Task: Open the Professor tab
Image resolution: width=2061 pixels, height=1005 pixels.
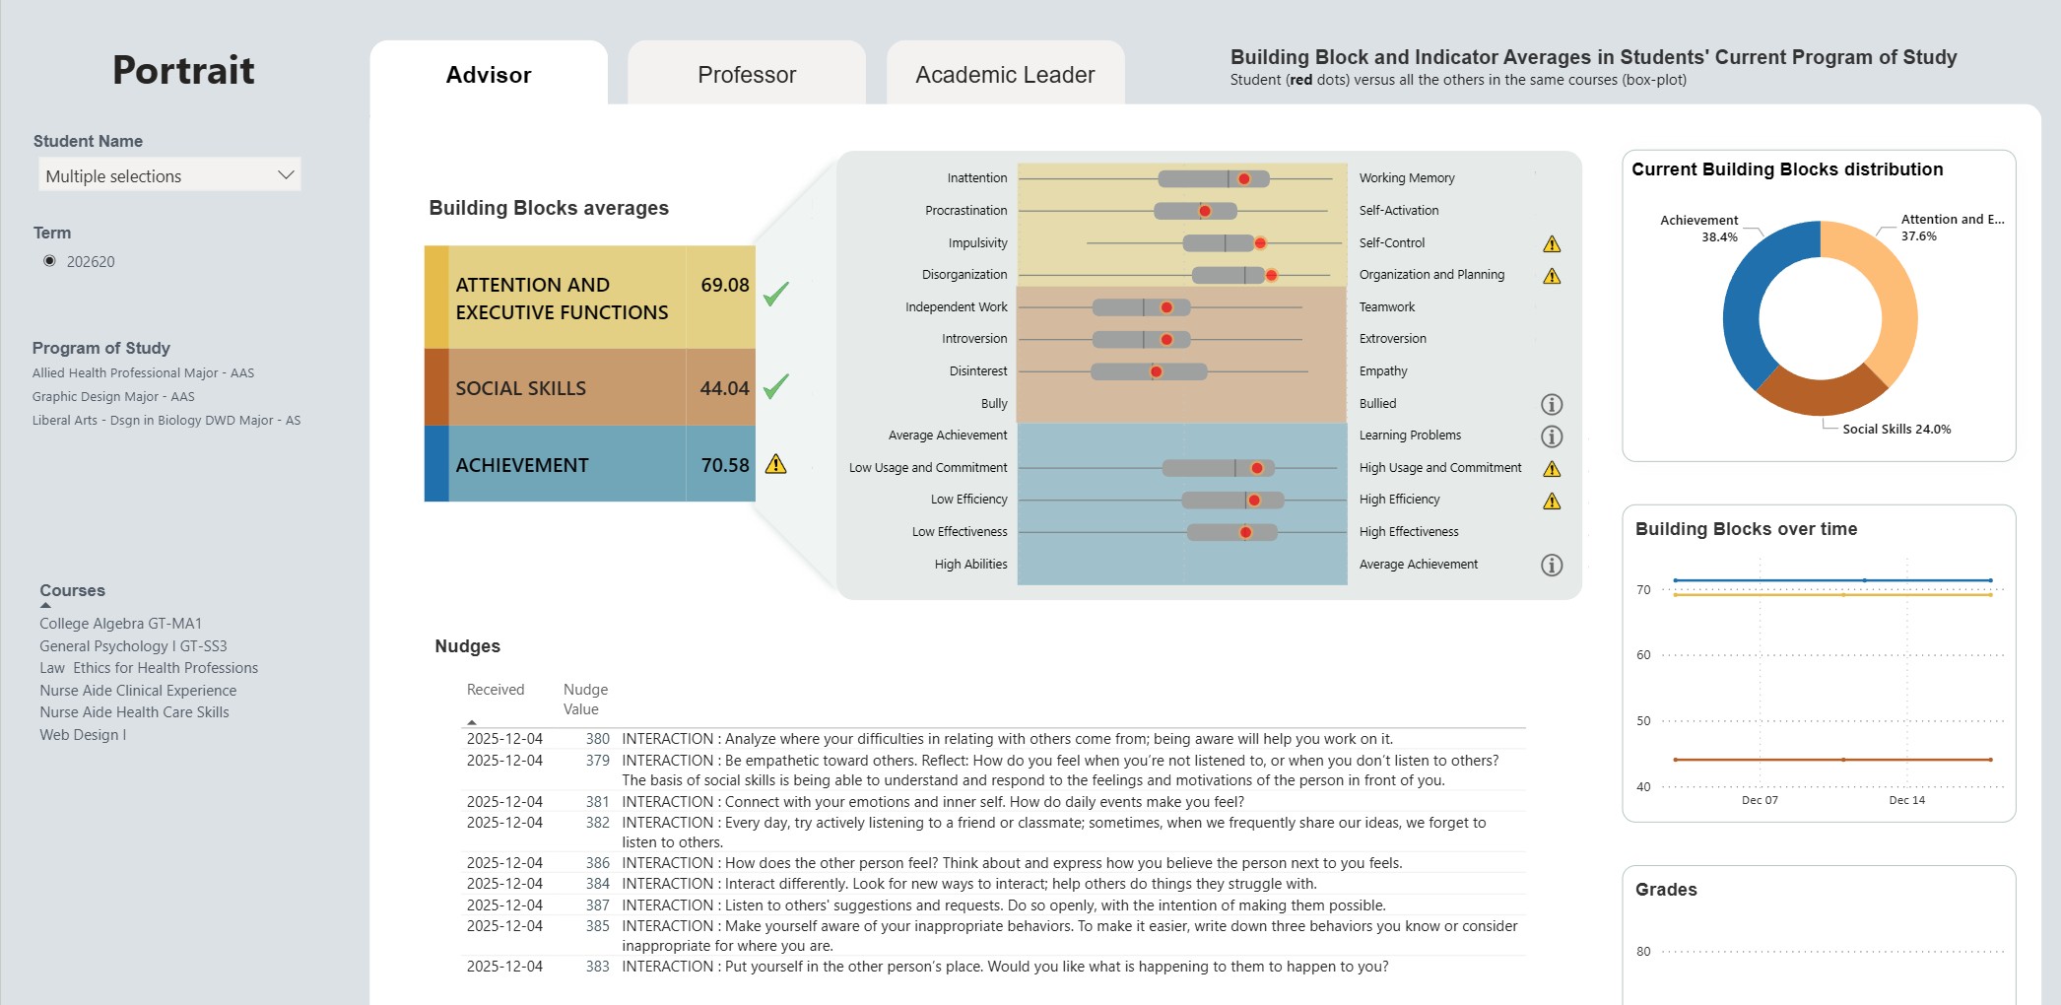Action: pos(746,75)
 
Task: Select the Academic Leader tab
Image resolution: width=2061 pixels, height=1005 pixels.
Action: pos(1004,75)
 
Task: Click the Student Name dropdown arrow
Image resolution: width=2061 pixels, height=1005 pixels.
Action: pos(286,175)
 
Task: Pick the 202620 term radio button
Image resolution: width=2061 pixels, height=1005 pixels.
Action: pos(50,261)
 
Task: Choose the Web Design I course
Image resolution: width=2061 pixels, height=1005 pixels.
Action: pos(83,735)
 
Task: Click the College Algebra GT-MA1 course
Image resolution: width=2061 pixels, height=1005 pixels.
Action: pos(120,624)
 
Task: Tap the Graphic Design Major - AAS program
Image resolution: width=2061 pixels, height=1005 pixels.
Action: pos(113,397)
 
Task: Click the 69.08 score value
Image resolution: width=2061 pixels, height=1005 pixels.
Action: pos(724,285)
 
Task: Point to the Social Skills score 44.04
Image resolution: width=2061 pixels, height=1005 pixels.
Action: pos(724,389)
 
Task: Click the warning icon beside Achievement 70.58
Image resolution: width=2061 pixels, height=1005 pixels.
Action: pos(776,464)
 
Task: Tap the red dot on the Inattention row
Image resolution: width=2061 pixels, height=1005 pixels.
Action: pos(1244,179)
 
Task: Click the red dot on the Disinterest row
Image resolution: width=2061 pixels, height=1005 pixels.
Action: pos(1157,371)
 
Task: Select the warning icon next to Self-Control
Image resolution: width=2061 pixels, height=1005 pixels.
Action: pos(1552,244)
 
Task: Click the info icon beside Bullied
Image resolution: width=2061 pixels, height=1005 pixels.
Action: pos(1552,404)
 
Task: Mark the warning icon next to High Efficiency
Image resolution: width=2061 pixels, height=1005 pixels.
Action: pos(1552,502)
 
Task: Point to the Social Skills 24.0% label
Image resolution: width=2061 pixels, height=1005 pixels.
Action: pos(1895,430)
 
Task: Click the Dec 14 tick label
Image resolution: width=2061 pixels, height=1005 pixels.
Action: pos(1906,800)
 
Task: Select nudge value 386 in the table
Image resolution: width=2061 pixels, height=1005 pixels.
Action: pos(597,863)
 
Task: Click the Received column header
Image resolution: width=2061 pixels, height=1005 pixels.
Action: pos(496,690)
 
